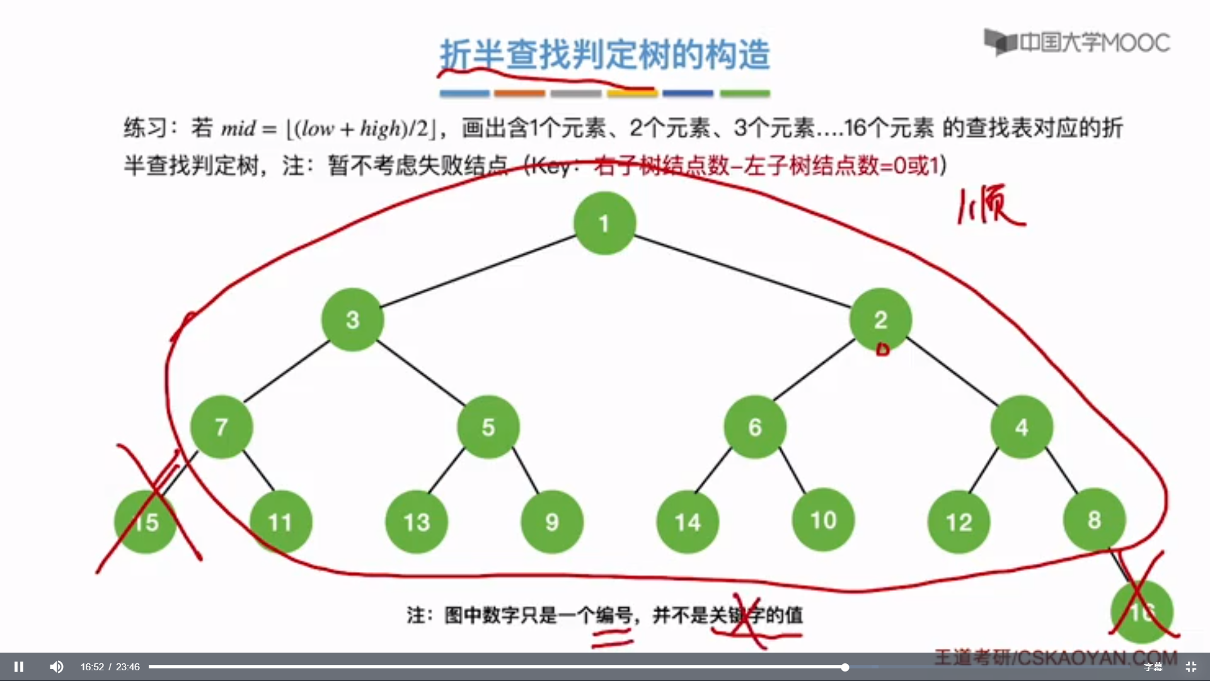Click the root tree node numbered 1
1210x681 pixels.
click(x=604, y=223)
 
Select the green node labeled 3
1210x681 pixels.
click(x=352, y=320)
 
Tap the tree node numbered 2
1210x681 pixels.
click(x=880, y=320)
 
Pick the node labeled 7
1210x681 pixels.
click(x=221, y=427)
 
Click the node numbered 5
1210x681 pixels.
click(x=488, y=427)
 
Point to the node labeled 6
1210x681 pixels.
click(x=755, y=427)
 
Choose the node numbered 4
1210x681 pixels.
click(x=1022, y=427)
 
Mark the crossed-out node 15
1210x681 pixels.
click(x=146, y=522)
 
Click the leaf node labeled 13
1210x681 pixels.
click(x=417, y=522)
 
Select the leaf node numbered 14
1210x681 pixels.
click(x=688, y=522)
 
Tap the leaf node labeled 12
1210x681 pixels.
click(x=959, y=522)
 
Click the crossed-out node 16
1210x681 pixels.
click(x=1141, y=612)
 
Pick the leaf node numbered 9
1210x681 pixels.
click(x=552, y=522)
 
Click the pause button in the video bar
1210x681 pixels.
click(x=19, y=666)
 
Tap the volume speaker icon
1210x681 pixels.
click(x=57, y=666)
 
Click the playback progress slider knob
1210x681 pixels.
click(x=844, y=666)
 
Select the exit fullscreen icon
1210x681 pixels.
click(x=1190, y=666)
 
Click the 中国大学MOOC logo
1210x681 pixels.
click(x=1078, y=42)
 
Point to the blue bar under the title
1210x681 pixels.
click(x=464, y=93)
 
